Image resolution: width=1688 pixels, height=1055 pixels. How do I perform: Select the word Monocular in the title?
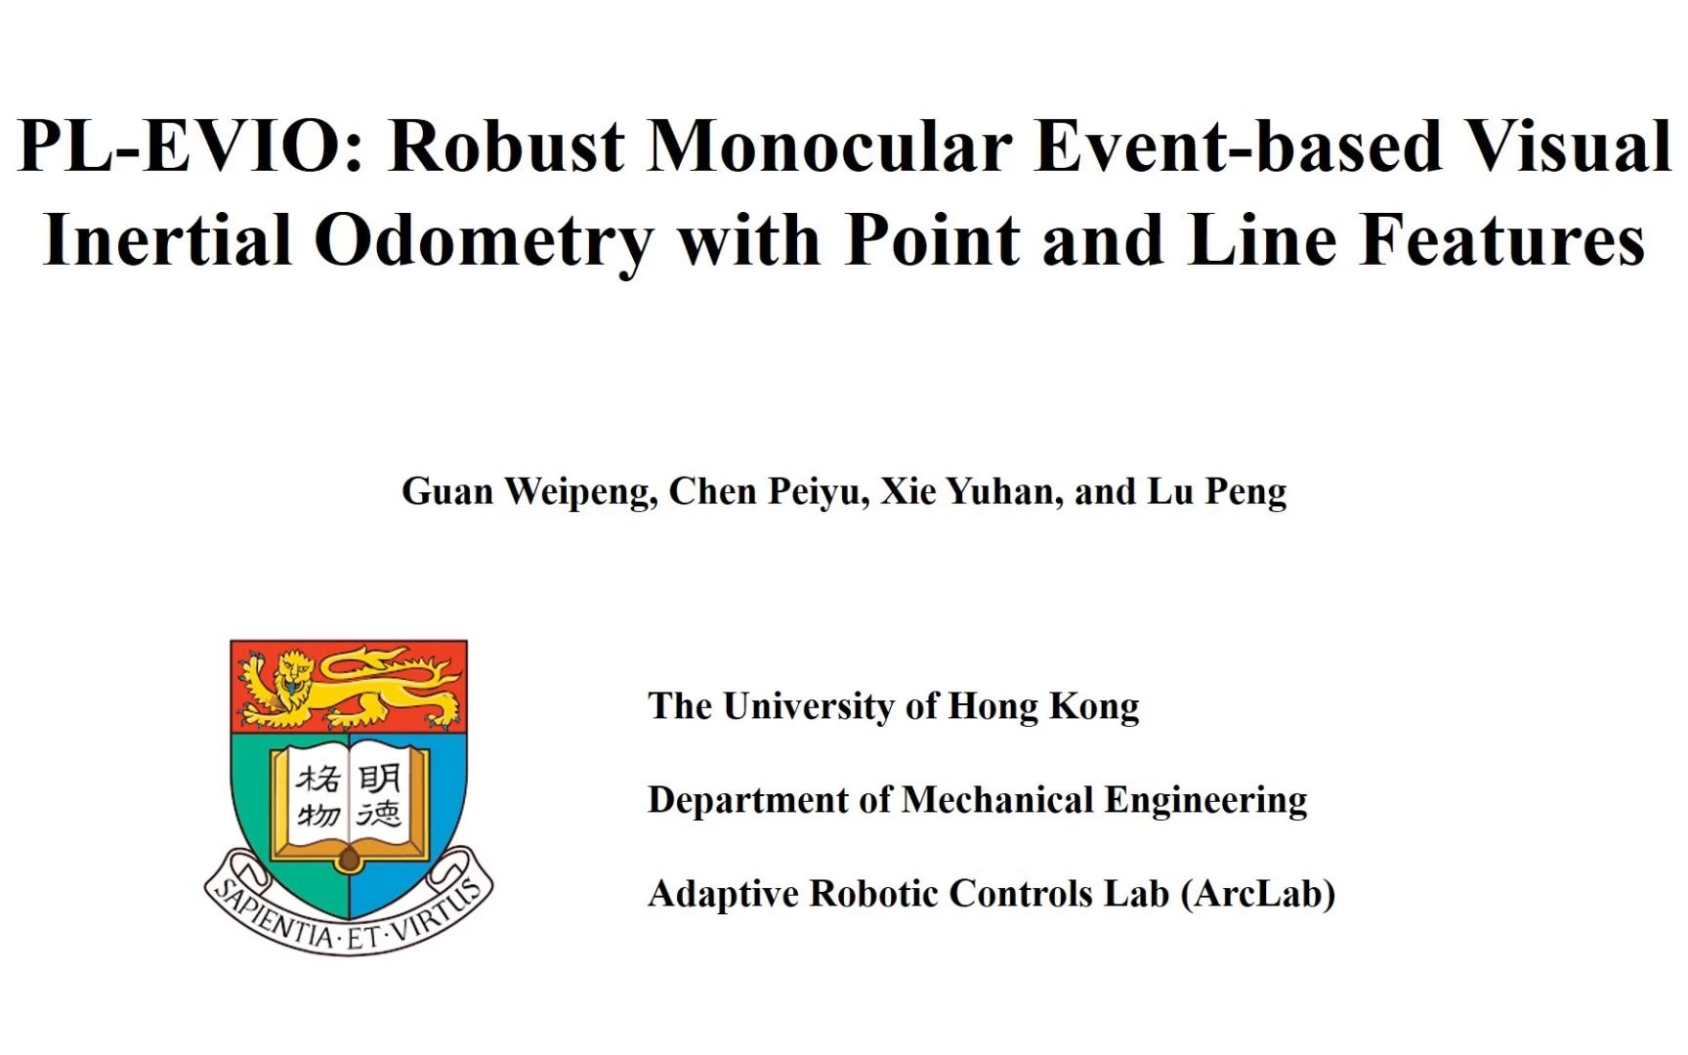[x=829, y=147]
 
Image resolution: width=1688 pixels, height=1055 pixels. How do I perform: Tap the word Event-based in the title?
[x=1238, y=147]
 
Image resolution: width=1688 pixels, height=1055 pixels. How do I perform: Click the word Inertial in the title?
[x=168, y=240]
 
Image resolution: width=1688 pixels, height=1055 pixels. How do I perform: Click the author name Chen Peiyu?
[x=769, y=492]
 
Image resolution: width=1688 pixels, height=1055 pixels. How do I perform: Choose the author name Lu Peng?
[x=1217, y=492]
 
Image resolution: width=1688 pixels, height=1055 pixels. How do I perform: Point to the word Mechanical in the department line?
[x=997, y=800]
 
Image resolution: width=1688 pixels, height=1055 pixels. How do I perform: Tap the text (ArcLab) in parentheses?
[x=1258, y=894]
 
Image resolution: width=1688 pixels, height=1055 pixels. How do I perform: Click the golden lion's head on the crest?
[x=294, y=672]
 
